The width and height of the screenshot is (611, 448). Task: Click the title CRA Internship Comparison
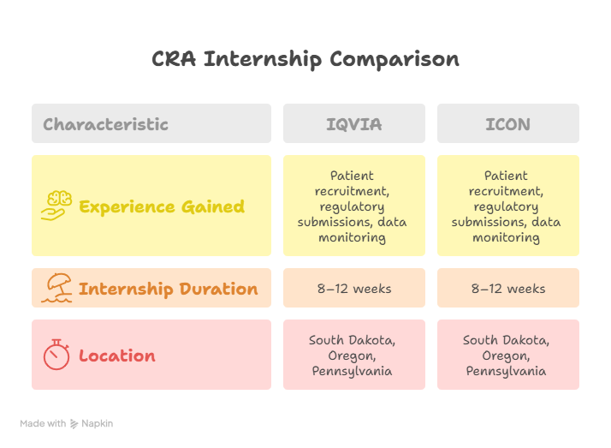click(305, 59)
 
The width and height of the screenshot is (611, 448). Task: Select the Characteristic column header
click(105, 124)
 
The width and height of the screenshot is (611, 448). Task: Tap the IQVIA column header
click(353, 124)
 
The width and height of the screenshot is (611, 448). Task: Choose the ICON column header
click(507, 124)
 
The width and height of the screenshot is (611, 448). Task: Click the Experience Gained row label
click(162, 206)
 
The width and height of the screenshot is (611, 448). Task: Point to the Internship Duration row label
click(168, 289)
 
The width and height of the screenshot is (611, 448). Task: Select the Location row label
click(117, 355)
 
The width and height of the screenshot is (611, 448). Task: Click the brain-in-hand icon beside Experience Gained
click(57, 206)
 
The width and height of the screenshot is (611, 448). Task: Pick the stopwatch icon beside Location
click(57, 355)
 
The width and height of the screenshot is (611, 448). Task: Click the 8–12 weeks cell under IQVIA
click(353, 289)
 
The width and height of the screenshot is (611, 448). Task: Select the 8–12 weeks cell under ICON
click(507, 289)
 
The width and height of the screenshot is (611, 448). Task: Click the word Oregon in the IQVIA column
click(352, 355)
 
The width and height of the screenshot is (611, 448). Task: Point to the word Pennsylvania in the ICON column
click(506, 371)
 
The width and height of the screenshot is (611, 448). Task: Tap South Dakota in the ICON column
click(506, 340)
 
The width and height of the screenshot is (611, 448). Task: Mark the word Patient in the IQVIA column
click(352, 176)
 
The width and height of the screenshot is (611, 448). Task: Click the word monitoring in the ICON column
click(506, 237)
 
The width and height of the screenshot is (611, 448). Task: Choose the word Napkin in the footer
click(98, 423)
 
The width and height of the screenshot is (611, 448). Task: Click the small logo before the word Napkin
click(74, 423)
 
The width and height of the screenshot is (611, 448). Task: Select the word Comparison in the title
click(394, 59)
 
